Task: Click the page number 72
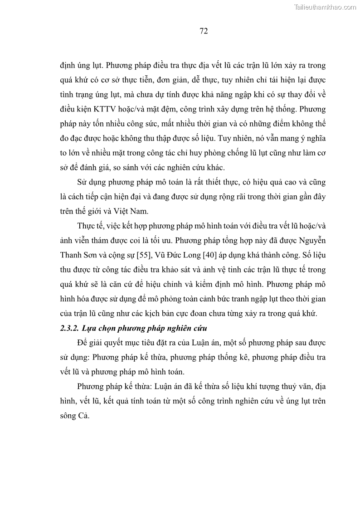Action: (204, 31)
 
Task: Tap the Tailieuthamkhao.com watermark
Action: (326, 7)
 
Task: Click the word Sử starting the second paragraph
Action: (83, 182)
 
